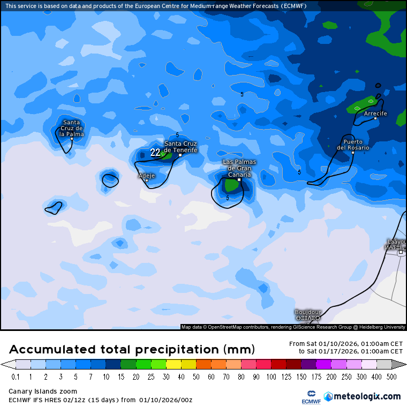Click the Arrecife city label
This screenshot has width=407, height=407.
coord(375,114)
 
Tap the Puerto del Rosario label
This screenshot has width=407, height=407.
coord(353,145)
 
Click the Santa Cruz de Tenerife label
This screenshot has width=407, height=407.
coord(180,147)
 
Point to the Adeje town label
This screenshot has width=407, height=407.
coord(147,176)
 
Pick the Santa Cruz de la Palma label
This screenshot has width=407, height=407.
coord(71,128)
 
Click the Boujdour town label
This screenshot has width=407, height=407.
coord(308,312)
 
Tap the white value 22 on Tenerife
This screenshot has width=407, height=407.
coord(155,153)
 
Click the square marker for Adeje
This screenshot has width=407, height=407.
coord(147,180)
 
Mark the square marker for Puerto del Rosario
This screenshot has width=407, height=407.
coord(353,153)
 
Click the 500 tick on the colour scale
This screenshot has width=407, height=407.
coord(391,377)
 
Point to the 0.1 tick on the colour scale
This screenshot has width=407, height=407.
coord(16,377)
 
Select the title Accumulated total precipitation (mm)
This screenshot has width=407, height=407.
coord(132,350)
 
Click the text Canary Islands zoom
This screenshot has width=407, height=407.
coord(43,391)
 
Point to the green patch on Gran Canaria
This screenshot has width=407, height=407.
coord(231,185)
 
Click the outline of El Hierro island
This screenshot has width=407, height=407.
coord(54,207)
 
